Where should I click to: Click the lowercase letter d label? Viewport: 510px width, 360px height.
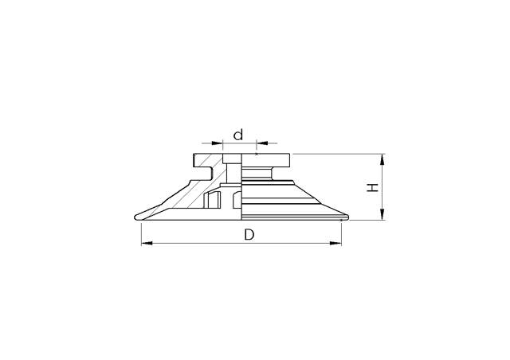click(238, 134)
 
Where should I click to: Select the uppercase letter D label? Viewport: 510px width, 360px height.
click(249, 235)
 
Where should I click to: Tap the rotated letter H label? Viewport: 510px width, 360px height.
click(371, 187)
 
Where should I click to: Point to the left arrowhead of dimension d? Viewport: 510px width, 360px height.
click(219, 145)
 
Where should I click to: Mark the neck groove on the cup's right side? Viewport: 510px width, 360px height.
click(280, 170)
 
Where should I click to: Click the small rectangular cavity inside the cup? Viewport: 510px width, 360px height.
click(213, 200)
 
